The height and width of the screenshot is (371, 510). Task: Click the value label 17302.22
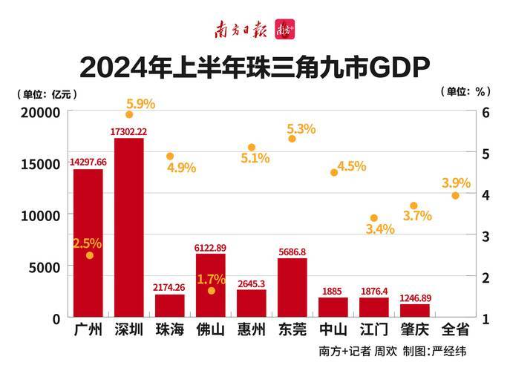click(128, 131)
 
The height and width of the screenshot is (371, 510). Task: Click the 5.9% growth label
click(140, 104)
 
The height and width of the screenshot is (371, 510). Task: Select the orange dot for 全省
click(455, 195)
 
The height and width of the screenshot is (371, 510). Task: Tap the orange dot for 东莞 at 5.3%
click(292, 139)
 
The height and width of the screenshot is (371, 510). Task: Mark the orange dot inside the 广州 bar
click(89, 255)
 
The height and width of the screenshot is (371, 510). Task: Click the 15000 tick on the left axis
click(40, 164)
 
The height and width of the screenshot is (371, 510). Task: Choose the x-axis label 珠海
click(169, 329)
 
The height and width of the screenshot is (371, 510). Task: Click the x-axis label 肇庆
click(414, 329)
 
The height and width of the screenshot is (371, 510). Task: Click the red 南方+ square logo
click(285, 30)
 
